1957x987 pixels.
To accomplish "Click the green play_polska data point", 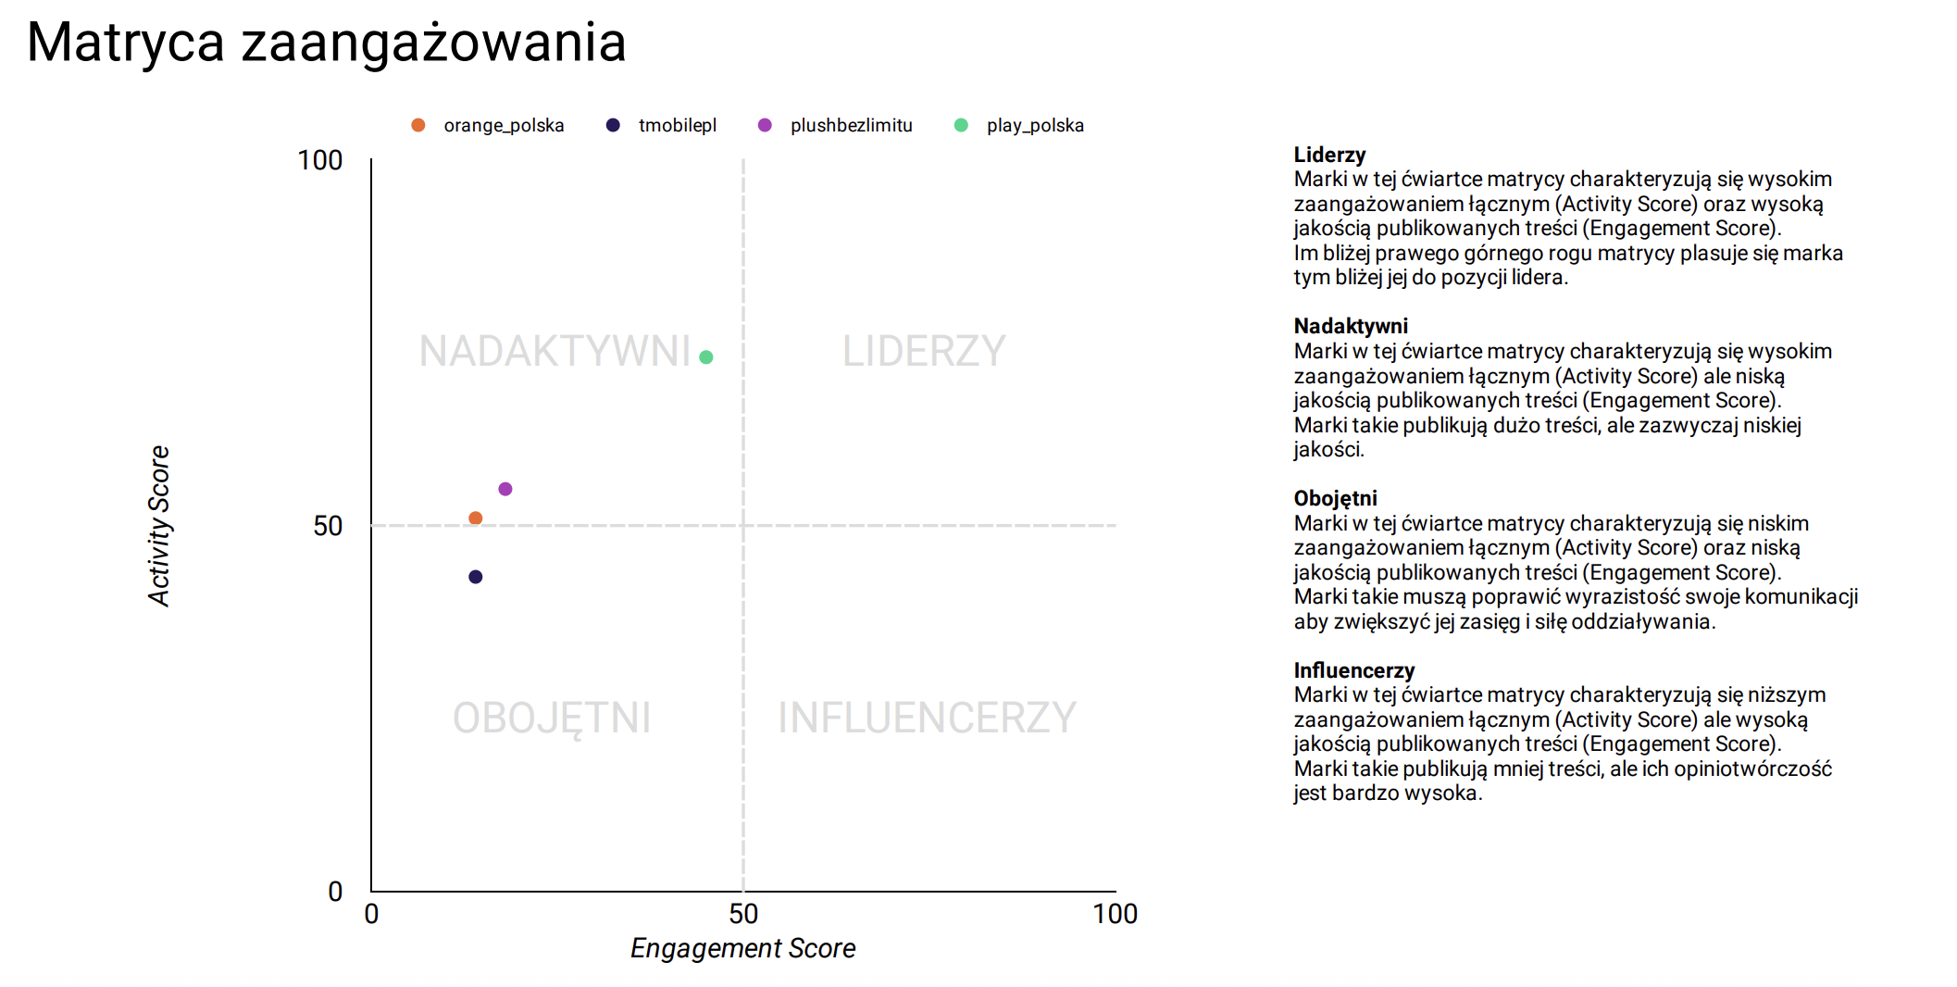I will click(706, 357).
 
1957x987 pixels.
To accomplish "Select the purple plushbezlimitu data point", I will click(505, 489).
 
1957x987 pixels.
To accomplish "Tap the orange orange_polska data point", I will click(476, 518).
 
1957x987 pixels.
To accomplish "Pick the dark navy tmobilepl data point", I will click(476, 577).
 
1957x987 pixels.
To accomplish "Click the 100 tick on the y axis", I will click(320, 160).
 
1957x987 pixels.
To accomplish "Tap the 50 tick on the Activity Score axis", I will click(328, 526).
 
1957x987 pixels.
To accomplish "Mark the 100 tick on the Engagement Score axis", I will click(1115, 914).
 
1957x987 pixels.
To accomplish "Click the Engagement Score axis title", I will click(742, 948).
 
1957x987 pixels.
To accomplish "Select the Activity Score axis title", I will click(159, 526).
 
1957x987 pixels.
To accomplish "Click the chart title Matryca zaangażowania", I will click(327, 43).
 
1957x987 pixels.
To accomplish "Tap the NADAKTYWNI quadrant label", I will click(555, 351).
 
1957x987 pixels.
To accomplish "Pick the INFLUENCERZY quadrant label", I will click(927, 718).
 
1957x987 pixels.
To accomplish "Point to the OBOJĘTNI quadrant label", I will click(552, 718).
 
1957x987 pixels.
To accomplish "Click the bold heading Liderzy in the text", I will click(1329, 155).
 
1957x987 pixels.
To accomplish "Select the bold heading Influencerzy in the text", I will click(1353, 670).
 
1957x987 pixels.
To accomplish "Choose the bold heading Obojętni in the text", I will click(1335, 498).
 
